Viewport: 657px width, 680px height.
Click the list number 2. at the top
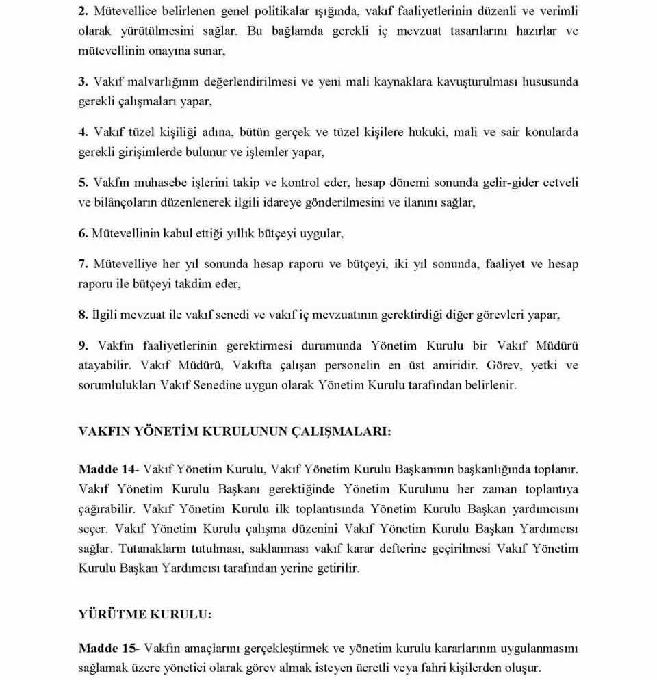(x=83, y=12)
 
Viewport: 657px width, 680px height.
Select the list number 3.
(x=83, y=81)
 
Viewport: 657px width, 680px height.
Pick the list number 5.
(x=83, y=183)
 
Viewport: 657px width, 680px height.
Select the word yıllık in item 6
(x=238, y=233)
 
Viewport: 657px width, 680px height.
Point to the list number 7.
(x=83, y=263)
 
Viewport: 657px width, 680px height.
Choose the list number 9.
(x=83, y=345)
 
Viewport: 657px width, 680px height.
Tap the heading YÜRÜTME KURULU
(x=145, y=614)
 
